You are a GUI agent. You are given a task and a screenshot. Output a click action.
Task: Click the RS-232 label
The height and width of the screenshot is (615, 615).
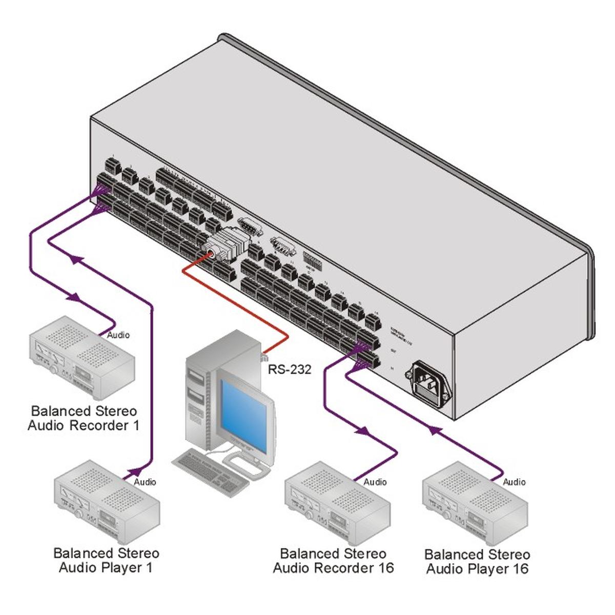[290, 370]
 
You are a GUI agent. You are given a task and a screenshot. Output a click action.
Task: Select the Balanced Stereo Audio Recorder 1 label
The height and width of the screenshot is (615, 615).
[83, 418]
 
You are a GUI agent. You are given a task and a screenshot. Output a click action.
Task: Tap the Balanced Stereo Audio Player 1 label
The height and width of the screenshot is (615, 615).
[106, 560]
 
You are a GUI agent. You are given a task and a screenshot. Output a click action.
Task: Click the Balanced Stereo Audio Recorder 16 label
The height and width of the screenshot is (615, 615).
[333, 561]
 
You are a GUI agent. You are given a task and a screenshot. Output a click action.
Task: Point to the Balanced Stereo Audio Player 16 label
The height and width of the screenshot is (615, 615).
[477, 562]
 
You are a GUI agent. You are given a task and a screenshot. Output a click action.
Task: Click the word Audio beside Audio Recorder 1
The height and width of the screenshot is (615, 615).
[118, 335]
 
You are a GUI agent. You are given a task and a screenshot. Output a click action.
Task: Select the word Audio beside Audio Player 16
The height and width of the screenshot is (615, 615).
[514, 482]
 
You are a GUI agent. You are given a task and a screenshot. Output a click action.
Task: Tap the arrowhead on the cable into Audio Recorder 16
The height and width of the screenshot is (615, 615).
[362, 430]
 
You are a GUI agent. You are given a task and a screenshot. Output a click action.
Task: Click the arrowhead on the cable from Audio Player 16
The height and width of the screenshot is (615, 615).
[435, 431]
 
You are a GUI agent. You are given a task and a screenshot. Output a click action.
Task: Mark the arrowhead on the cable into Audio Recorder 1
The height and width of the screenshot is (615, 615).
[75, 297]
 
